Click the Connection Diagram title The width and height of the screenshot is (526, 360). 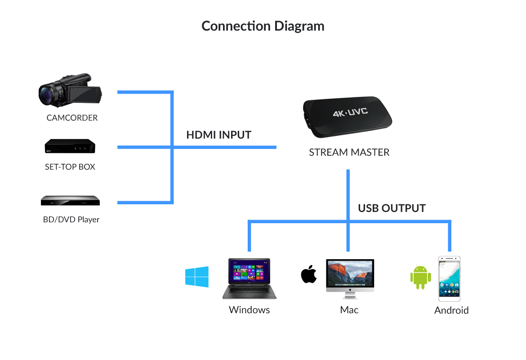coord(263,26)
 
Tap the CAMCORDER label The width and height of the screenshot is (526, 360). coord(72,118)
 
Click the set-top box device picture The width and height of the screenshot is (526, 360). coord(70,147)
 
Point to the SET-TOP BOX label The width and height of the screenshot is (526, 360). coord(70,167)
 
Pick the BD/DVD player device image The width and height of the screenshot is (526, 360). coord(70,200)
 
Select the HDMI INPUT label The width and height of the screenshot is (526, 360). coord(218,135)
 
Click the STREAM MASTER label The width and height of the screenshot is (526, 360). coord(349,153)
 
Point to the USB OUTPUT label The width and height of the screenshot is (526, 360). coord(392,208)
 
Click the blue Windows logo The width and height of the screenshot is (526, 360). coord(197,277)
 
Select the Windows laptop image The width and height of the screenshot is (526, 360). coord(250,279)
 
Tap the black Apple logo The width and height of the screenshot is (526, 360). coord(309,274)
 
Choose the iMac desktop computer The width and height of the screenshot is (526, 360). coord(350,278)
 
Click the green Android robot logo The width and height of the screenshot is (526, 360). coord(420,277)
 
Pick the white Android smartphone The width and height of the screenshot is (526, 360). coord(449,279)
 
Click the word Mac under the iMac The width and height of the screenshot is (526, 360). coord(349,310)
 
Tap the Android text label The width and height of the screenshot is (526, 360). coord(451,310)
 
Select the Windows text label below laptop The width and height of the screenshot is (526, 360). coord(250,310)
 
